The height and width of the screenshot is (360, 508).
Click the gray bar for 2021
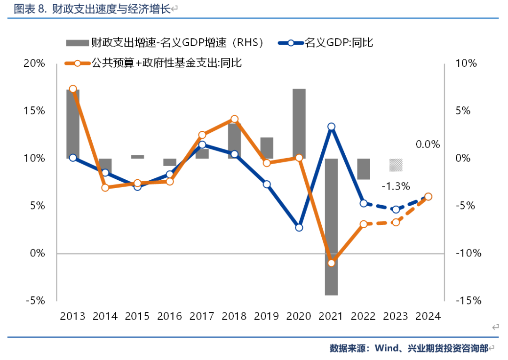click(x=331, y=227)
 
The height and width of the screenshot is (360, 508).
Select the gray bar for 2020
click(x=299, y=123)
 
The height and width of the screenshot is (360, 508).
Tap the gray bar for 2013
click(x=73, y=124)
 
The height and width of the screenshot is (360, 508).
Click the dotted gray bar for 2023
click(x=396, y=165)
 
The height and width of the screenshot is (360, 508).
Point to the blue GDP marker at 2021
click(x=331, y=127)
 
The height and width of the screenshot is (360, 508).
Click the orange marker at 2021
click(x=331, y=263)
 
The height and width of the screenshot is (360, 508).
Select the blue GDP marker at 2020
click(x=299, y=227)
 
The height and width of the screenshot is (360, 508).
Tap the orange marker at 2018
click(x=235, y=120)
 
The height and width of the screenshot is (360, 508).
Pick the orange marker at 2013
click(x=73, y=89)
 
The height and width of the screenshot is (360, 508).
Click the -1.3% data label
click(x=396, y=186)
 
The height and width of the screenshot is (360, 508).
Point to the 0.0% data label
click(x=428, y=144)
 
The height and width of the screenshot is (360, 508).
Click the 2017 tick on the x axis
click(x=202, y=316)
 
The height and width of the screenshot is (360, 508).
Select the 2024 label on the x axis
click(x=428, y=316)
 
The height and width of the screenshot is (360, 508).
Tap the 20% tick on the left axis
click(x=34, y=64)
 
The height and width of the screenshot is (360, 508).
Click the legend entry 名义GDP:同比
click(x=339, y=43)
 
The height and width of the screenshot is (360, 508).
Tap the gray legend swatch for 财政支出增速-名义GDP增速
click(x=77, y=43)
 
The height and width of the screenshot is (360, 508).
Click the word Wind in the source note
click(x=386, y=349)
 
